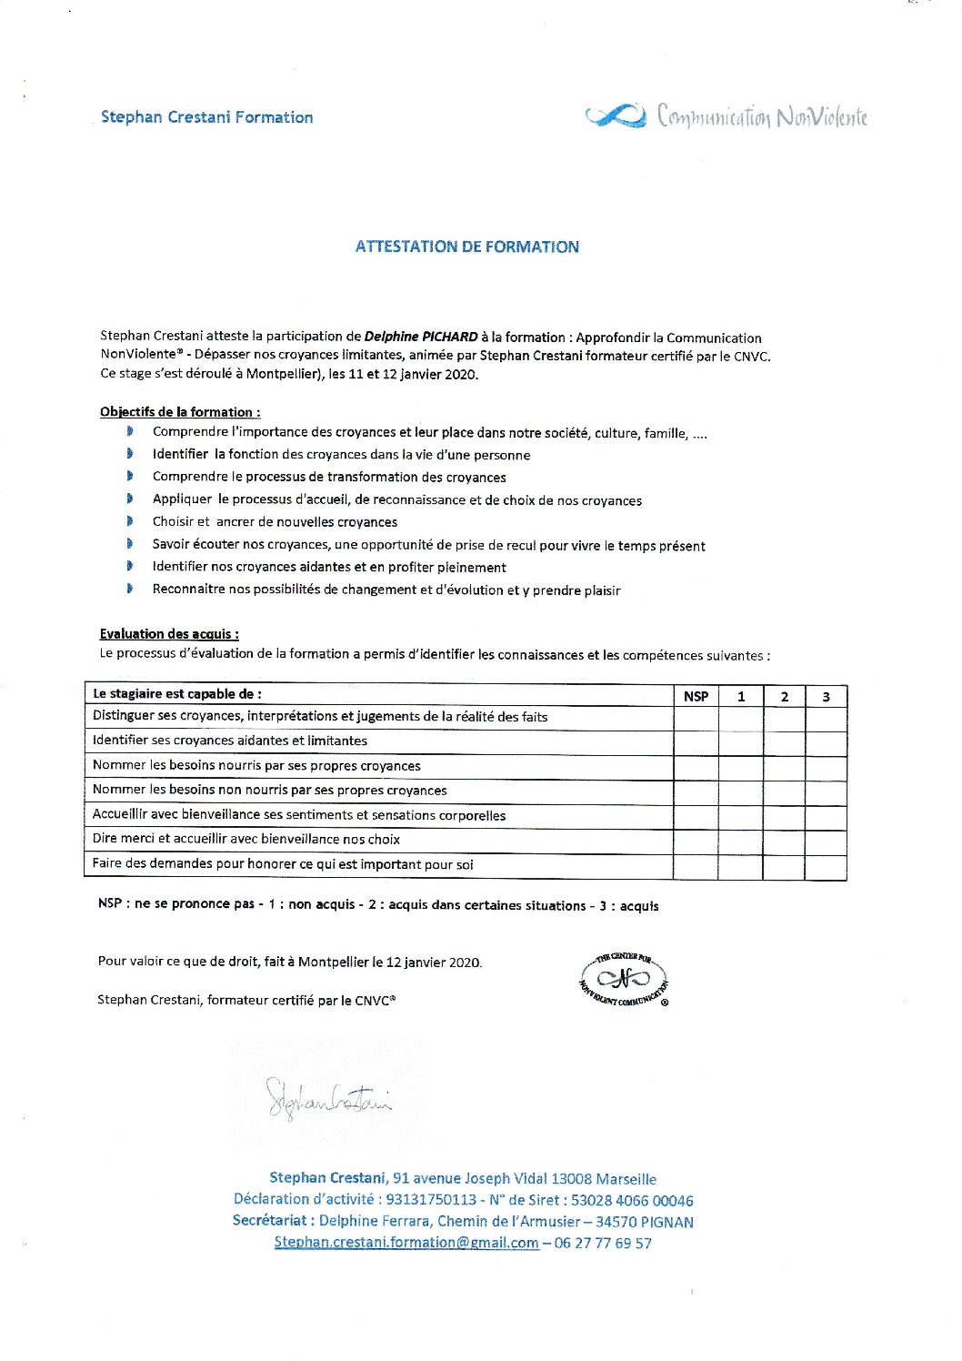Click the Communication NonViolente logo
[726, 116]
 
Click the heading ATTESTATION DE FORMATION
[466, 247]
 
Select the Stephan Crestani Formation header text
[206, 117]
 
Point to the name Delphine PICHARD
[421, 337]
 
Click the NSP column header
[696, 696]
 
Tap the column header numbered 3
[826, 696]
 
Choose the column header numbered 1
[741, 696]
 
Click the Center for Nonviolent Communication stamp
[624, 979]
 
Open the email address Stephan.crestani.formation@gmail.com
[406, 1243]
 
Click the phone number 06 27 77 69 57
[603, 1243]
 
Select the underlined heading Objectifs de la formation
[180, 412]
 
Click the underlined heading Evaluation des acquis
[169, 634]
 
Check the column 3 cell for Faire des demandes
[826, 866]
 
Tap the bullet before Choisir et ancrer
[130, 521]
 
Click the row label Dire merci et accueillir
[246, 839]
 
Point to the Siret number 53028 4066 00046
[632, 1200]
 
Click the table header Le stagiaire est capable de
[177, 693]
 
